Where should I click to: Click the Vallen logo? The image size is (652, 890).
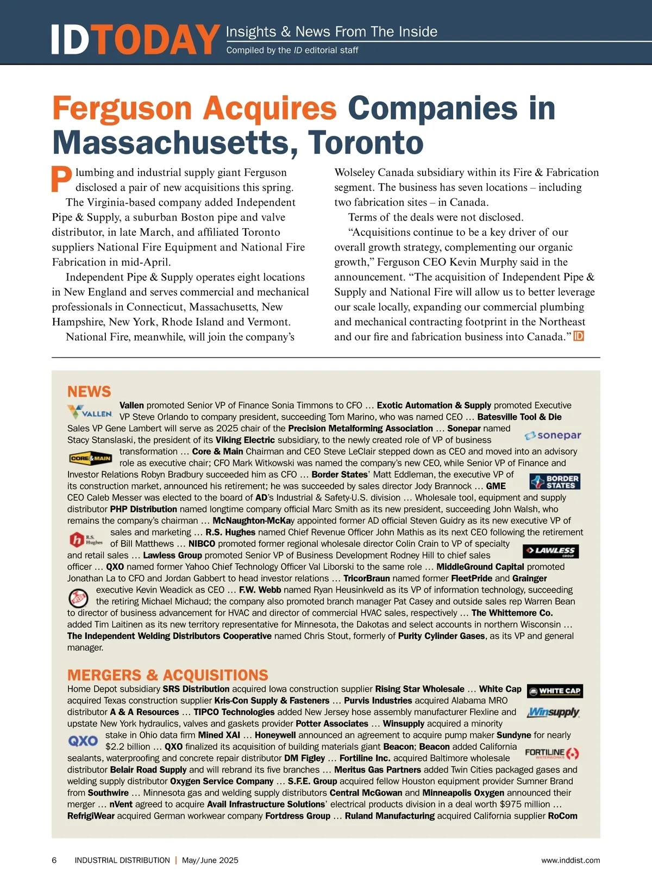pos(90,412)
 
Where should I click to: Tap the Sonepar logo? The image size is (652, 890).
pos(553,435)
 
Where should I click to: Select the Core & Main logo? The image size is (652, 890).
pos(90,458)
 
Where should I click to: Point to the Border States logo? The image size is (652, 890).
pos(555,481)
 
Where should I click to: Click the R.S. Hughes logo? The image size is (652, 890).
pos(86,540)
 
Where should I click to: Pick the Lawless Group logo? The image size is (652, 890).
pos(550,551)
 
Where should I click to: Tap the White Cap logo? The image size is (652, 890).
pos(555,691)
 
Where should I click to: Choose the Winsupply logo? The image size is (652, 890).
pos(553,712)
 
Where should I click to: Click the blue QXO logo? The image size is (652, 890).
pos(83,741)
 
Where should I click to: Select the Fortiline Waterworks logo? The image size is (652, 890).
pos(552,754)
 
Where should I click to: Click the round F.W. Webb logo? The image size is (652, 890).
pos(79,598)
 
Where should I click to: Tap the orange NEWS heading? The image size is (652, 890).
pos(89,391)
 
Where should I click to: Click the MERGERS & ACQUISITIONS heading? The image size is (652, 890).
pos(167,675)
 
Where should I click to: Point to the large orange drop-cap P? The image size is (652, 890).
pos(61,179)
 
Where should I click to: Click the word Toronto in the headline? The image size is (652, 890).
pos(366,142)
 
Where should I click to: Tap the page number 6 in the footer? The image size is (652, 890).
pos(54,860)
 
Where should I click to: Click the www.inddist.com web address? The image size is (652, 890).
pos(570,860)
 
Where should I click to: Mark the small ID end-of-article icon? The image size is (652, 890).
pos(579,336)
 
